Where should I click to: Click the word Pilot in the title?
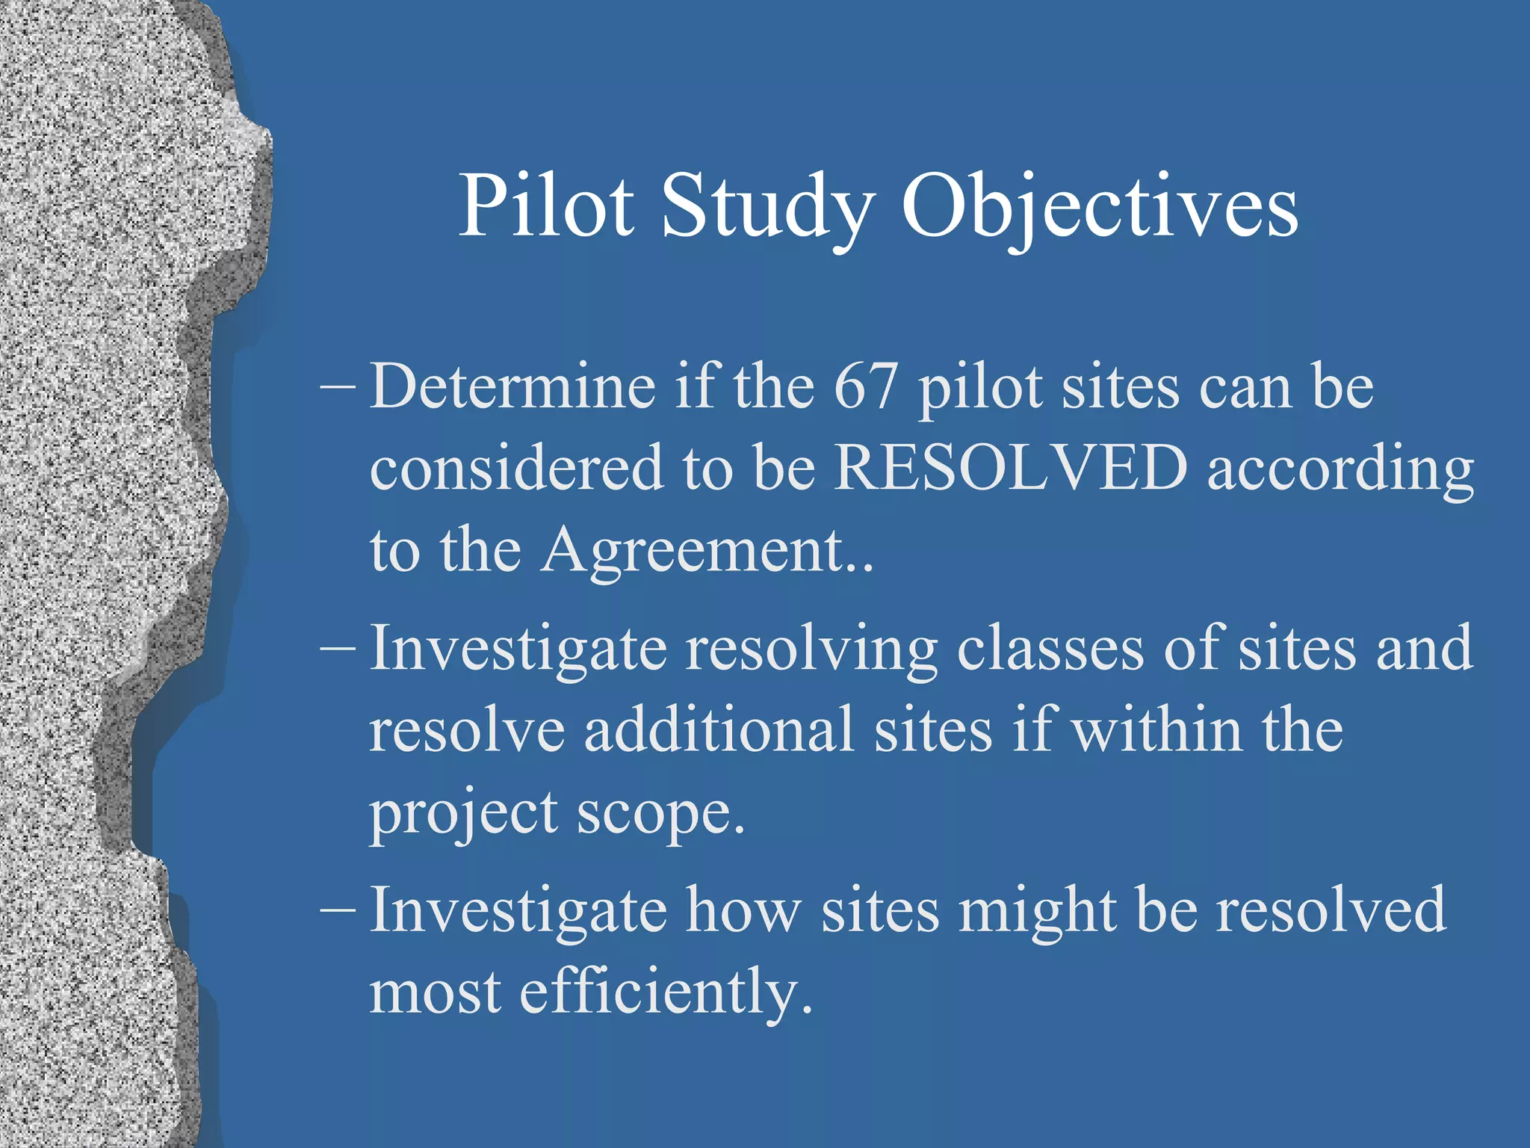point(545,206)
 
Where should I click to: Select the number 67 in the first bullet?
point(864,387)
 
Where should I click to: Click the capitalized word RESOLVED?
point(1010,469)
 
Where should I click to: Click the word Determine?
point(512,387)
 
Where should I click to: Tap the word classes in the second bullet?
point(1050,648)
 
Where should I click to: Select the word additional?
point(719,730)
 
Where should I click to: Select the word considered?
point(516,469)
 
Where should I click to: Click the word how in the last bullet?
point(743,910)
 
